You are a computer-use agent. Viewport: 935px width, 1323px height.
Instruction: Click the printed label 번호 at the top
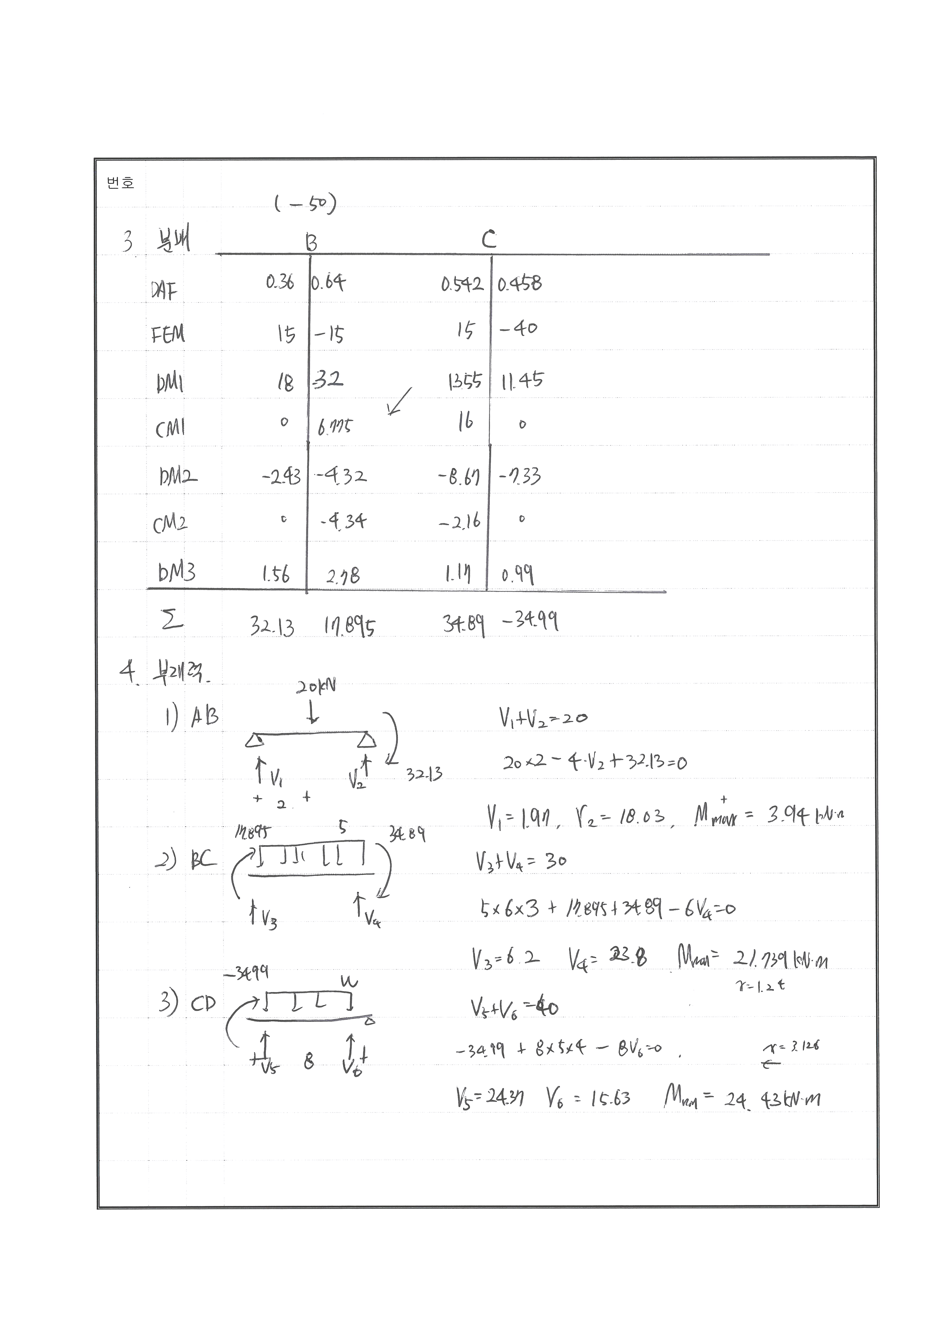(x=120, y=183)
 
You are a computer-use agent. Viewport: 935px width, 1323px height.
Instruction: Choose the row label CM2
(x=170, y=523)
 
